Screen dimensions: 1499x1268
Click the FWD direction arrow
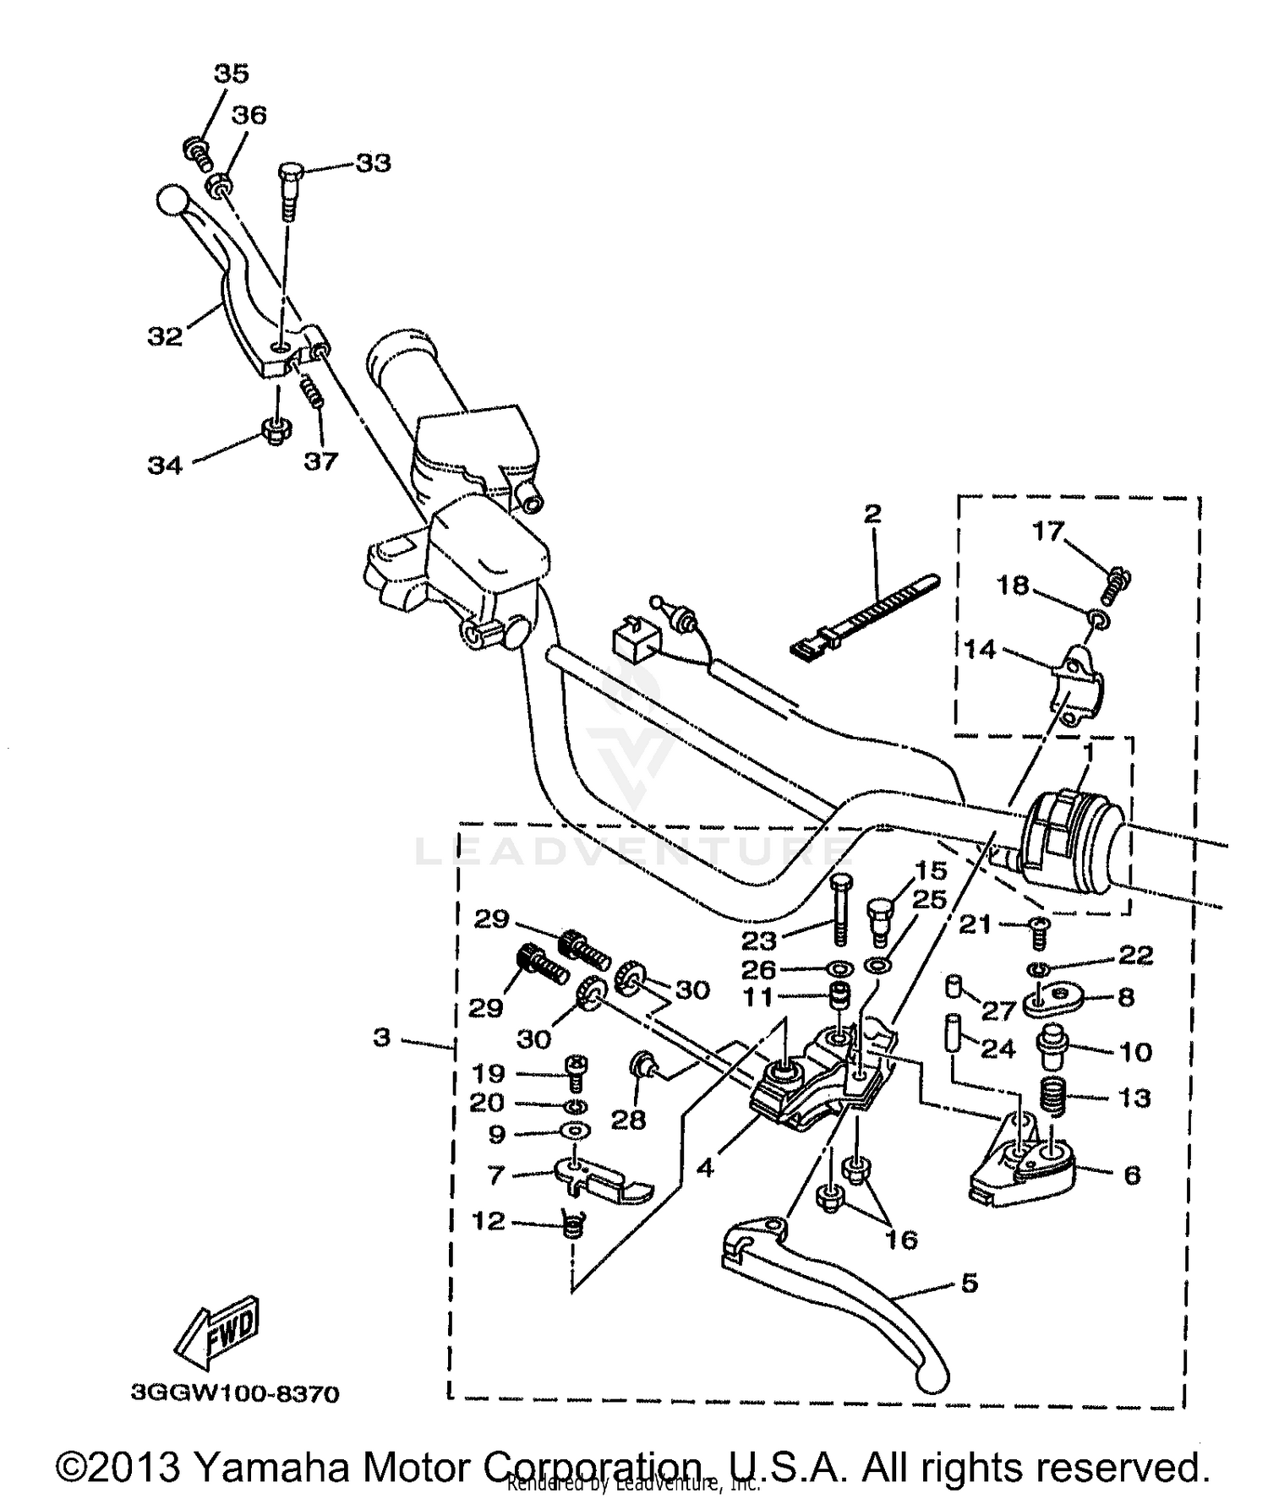click(x=217, y=1333)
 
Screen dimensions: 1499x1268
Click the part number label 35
click(x=231, y=74)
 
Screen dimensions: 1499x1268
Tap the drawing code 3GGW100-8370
click(x=235, y=1393)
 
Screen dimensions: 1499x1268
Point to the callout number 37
click(x=320, y=461)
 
